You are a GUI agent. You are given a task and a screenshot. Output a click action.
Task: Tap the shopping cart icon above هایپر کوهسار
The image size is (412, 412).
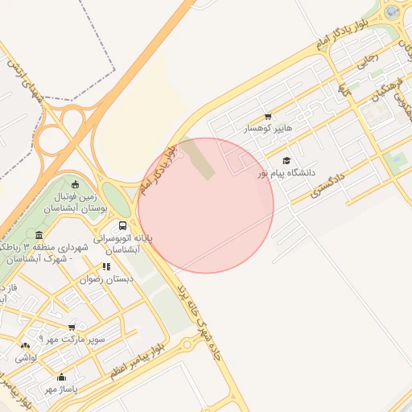[268, 117]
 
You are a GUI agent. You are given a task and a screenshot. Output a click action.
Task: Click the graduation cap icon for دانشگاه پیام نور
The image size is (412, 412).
[286, 161]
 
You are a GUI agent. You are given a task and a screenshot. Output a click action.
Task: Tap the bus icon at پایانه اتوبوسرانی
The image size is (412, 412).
[122, 226]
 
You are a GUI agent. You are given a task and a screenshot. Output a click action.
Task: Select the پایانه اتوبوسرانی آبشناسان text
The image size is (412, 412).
[122, 244]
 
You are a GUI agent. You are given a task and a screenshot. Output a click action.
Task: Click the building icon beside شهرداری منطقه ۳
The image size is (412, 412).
[39, 234]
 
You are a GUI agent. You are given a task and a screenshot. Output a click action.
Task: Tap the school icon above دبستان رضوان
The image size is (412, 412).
[106, 266]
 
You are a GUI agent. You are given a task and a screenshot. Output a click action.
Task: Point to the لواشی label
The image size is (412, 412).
[26, 357]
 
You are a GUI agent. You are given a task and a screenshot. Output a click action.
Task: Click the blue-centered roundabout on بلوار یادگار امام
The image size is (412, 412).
[392, 12]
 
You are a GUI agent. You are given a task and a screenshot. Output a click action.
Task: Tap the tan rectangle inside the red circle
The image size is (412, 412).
[202, 162]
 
